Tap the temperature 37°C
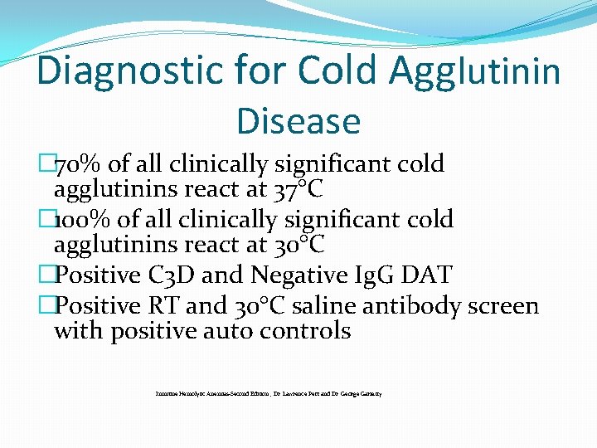coord(298,190)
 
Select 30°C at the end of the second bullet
coord(298,246)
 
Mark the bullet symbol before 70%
coord(46,164)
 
